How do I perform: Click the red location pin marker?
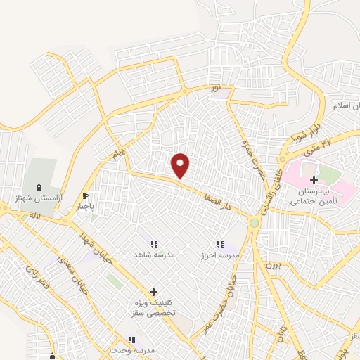[x=181, y=166]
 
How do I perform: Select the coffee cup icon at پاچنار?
[x=86, y=196]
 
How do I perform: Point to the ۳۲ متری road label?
[x=335, y=140]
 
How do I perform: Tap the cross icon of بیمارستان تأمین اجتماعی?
[x=313, y=181]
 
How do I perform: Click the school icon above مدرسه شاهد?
[x=153, y=243]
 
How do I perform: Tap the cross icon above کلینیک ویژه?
[x=153, y=291]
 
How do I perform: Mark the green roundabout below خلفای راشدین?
[x=254, y=223]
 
